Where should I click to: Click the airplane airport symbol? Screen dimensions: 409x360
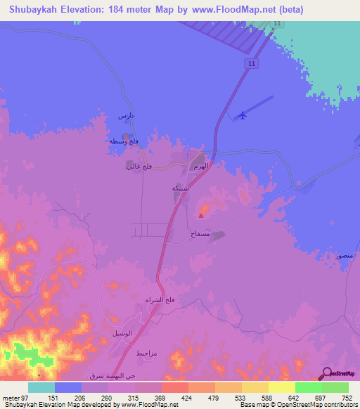click(243, 115)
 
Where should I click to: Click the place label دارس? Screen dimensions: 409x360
click(125, 115)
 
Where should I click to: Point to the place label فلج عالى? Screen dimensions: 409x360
click(136, 167)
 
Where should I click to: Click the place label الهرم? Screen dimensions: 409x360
click(200, 167)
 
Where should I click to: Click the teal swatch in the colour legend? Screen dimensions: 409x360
click(41, 387)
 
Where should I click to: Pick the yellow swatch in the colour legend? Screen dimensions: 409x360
click(282, 387)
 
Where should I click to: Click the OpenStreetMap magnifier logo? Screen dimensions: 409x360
click(326, 373)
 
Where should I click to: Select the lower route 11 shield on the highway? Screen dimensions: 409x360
click(250, 64)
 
